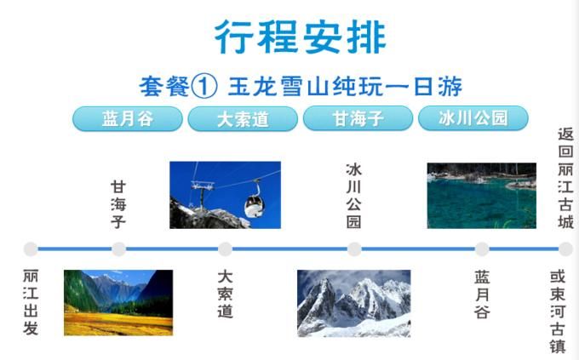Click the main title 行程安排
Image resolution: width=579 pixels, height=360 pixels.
click(x=301, y=37)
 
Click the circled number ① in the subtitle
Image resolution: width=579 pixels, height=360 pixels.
click(x=204, y=87)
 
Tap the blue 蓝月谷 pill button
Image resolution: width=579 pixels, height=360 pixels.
click(x=128, y=118)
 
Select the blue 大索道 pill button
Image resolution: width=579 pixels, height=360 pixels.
click(x=243, y=119)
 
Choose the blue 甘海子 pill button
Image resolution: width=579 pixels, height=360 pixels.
click(x=358, y=118)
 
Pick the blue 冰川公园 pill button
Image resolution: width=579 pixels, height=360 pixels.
click(x=473, y=118)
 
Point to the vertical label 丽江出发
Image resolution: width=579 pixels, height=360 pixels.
click(x=31, y=302)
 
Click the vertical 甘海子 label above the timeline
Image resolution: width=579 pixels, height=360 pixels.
click(x=118, y=204)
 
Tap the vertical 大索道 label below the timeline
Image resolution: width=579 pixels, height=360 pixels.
click(x=225, y=294)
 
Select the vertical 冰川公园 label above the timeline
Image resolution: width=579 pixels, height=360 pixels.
click(x=353, y=196)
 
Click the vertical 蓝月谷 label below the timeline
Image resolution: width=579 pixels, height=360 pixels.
click(x=482, y=294)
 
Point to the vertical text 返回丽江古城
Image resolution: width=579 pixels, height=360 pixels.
click(x=565, y=179)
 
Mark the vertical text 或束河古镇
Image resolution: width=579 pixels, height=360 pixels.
click(x=558, y=312)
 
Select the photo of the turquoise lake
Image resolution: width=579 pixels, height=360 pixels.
click(x=482, y=196)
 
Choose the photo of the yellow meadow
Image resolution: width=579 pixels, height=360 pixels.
click(x=118, y=303)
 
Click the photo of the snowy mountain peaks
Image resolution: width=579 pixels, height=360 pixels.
click(x=353, y=304)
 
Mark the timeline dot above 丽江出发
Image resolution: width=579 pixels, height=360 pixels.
click(x=31, y=249)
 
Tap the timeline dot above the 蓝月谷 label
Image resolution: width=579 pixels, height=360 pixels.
click(x=482, y=249)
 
